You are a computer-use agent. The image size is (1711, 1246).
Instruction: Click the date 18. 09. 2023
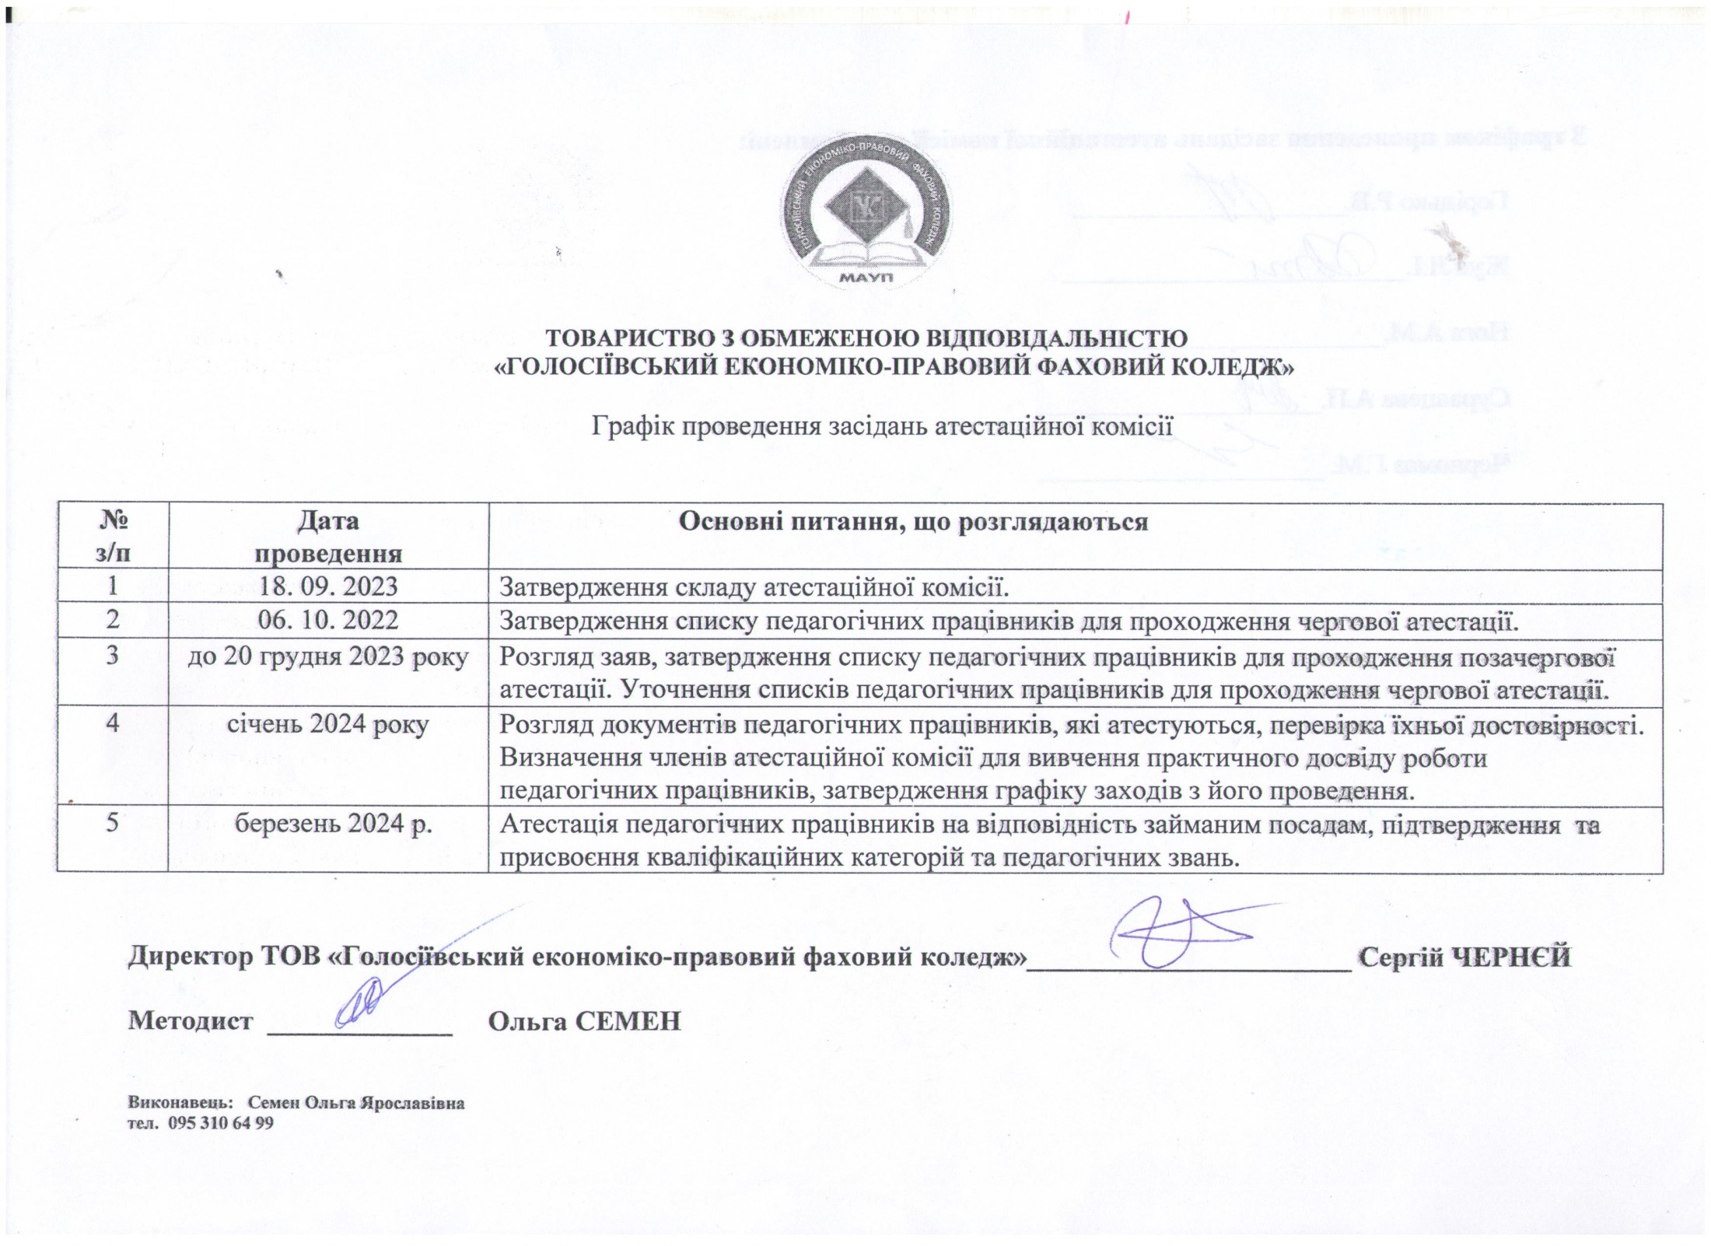[328, 586]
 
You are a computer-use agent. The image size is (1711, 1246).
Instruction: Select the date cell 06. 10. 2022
[328, 620]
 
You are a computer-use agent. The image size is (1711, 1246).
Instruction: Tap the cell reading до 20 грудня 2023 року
[328, 656]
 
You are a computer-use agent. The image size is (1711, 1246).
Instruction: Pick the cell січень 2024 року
[328, 724]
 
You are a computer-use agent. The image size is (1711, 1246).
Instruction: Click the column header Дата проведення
[328, 537]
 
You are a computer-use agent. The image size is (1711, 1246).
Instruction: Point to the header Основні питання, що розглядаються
[913, 521]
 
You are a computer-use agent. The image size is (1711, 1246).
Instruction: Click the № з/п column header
[114, 537]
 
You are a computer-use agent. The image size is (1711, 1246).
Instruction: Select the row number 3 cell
[114, 656]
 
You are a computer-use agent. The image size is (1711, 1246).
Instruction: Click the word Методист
[191, 1020]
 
